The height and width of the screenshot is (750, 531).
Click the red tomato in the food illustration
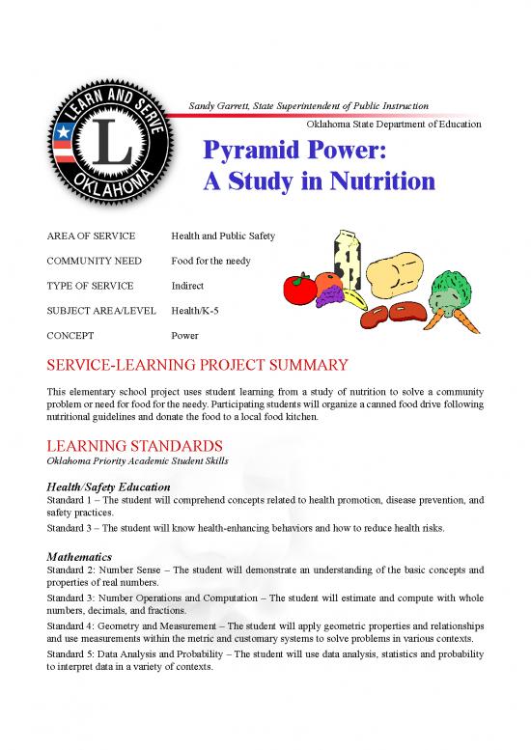(x=298, y=286)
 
